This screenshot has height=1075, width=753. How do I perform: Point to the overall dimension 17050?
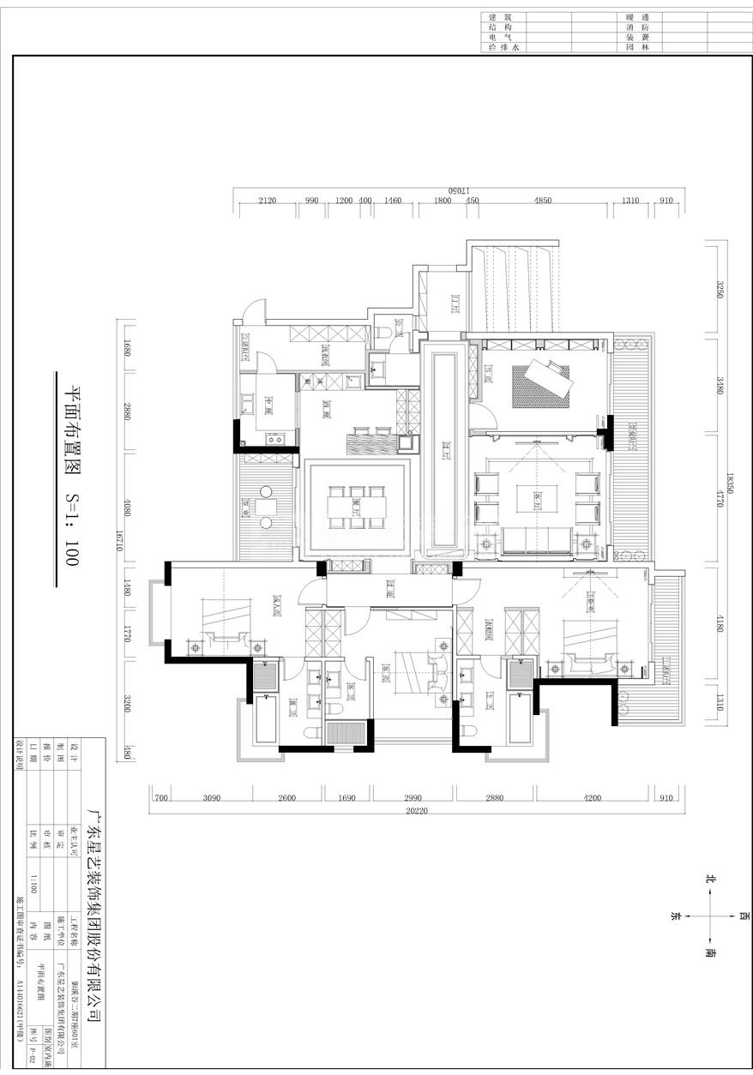pyautogui.click(x=456, y=189)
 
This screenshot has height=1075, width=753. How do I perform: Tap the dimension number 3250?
pyautogui.click(x=720, y=290)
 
